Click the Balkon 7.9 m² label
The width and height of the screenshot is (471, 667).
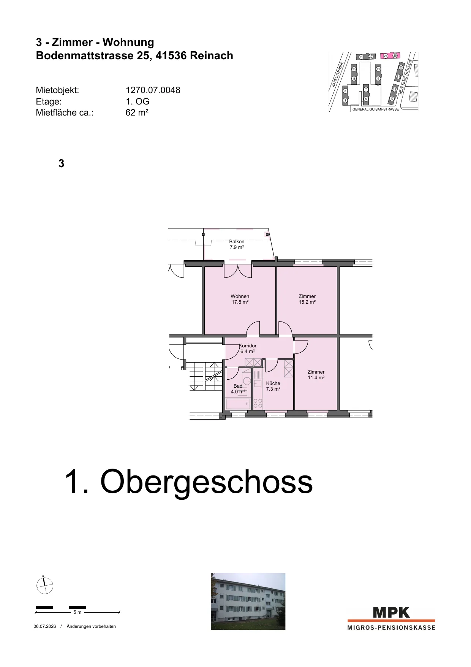click(x=237, y=244)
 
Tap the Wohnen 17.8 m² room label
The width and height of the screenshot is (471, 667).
click(x=240, y=299)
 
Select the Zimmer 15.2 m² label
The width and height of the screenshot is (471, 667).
click(x=307, y=299)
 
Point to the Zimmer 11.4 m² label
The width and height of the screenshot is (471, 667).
click(x=316, y=375)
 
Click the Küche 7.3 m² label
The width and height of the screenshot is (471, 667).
click(x=273, y=386)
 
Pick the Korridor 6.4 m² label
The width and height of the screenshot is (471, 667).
click(x=248, y=349)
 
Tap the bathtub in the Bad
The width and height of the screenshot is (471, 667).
click(x=238, y=404)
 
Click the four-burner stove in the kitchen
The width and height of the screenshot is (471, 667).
click(x=258, y=403)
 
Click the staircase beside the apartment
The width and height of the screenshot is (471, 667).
click(x=203, y=376)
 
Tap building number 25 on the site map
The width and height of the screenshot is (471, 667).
click(x=395, y=56)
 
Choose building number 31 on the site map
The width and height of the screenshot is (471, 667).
click(x=361, y=57)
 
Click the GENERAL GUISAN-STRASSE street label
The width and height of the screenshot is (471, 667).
click(x=376, y=109)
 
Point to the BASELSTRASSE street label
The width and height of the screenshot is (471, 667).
click(x=337, y=74)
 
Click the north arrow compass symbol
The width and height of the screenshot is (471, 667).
click(x=44, y=585)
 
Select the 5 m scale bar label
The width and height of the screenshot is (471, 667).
click(x=77, y=612)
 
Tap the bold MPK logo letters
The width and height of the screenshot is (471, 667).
click(x=392, y=613)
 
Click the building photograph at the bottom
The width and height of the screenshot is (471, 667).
click(x=248, y=601)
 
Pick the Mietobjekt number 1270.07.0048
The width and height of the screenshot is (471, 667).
click(x=153, y=90)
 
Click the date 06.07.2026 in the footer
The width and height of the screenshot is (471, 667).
click(x=45, y=626)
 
